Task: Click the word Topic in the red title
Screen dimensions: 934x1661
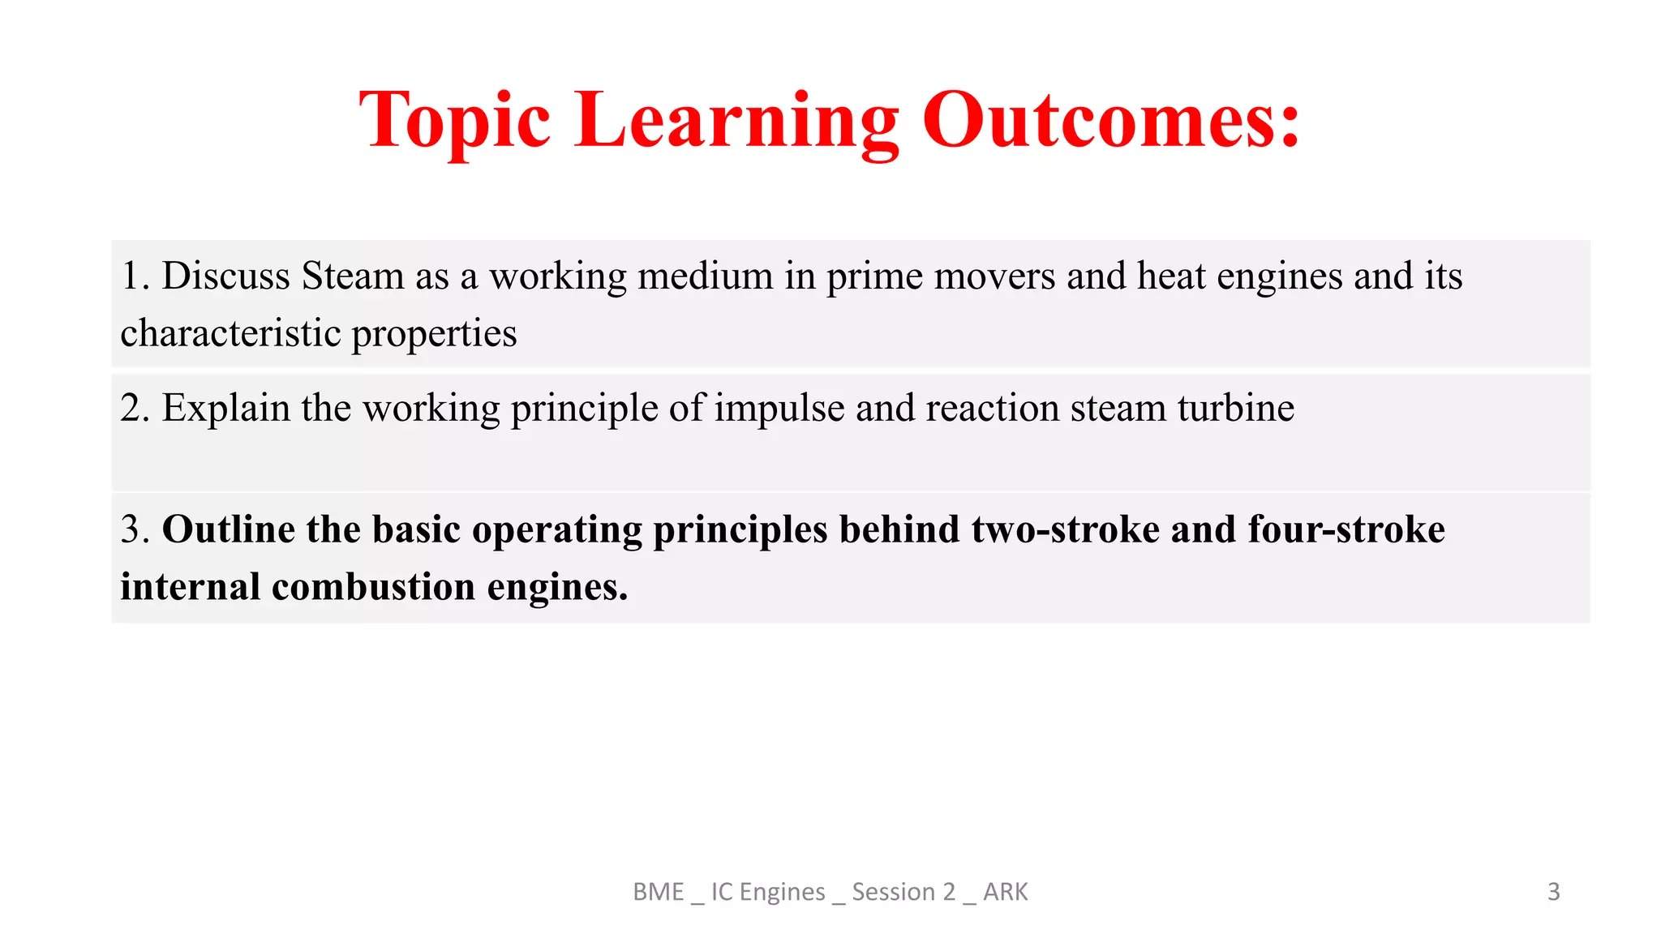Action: click(x=455, y=122)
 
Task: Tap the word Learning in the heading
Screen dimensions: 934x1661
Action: click(x=736, y=122)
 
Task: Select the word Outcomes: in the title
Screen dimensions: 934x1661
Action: click(x=1111, y=122)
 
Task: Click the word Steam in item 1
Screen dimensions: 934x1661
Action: click(x=353, y=276)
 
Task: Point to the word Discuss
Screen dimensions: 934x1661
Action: click(x=225, y=276)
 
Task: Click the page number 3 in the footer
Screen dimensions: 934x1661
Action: click(x=1553, y=892)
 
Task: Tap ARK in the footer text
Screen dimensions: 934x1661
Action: click(x=1005, y=892)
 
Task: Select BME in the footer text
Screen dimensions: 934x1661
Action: click(x=658, y=892)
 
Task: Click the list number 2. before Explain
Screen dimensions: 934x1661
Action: click(x=135, y=408)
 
